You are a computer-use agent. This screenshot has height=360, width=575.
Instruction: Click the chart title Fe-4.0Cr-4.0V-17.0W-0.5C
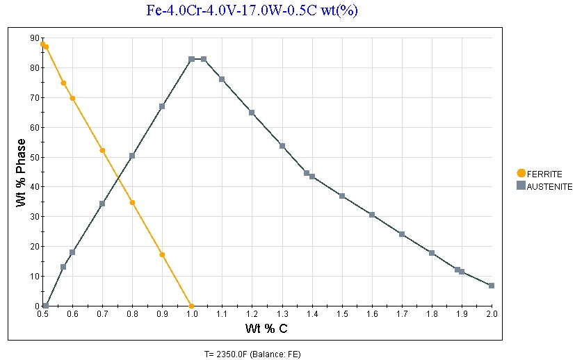[x=252, y=10]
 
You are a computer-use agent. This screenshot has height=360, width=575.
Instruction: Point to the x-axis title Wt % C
[x=267, y=327]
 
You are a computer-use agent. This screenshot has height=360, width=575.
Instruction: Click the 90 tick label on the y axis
[x=35, y=38]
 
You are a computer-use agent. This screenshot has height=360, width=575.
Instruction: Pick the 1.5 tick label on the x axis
[x=342, y=314]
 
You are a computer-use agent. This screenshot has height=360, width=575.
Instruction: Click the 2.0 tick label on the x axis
[x=492, y=314]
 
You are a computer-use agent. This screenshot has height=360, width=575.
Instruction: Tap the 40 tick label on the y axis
[x=35, y=187]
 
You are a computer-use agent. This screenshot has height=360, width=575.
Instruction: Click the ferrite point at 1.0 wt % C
[x=192, y=306]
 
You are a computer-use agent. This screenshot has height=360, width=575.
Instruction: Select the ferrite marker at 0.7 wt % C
[x=102, y=150]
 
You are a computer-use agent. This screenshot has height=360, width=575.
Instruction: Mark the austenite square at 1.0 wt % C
[x=192, y=59]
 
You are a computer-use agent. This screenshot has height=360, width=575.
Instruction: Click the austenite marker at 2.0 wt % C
[x=492, y=286]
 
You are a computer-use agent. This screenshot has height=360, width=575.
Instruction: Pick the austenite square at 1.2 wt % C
[x=252, y=112]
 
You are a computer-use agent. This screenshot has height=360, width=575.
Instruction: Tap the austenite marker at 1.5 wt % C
[x=342, y=196]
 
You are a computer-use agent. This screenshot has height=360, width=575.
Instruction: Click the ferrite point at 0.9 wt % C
[x=162, y=254]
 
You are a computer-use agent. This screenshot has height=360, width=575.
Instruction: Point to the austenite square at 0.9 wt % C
[x=162, y=106]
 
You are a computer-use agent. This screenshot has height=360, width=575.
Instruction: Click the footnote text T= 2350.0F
[x=252, y=353]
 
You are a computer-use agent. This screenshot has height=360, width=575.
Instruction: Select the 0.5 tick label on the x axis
[x=42, y=314]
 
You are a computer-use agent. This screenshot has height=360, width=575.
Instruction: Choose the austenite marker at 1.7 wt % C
[x=402, y=234]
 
